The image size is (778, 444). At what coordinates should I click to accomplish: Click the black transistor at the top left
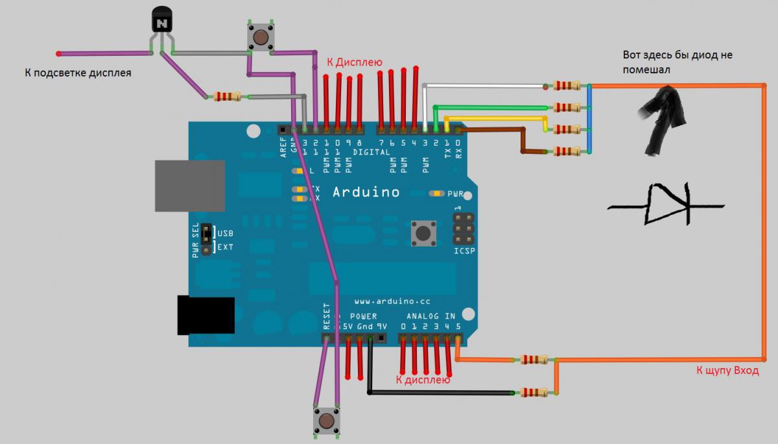point(161,22)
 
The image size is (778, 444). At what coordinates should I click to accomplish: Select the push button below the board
point(326,422)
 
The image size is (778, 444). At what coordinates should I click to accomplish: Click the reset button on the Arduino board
point(423,232)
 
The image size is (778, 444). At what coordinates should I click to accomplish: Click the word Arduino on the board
point(366,192)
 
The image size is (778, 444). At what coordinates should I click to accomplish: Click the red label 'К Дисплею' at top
point(355,62)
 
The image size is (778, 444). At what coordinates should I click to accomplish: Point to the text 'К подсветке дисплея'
point(78,73)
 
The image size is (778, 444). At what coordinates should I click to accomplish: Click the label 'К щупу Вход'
point(726,371)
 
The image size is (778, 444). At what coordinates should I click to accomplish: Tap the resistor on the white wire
point(566,86)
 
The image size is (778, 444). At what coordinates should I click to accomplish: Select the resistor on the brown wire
point(566,151)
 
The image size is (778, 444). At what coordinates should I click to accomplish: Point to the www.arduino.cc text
point(392,302)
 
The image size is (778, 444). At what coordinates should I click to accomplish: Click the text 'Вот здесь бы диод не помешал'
point(677,62)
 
